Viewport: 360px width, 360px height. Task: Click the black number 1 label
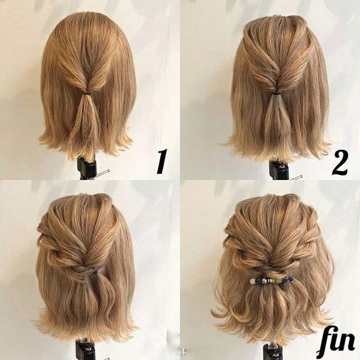point(162,161)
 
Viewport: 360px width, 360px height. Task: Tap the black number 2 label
point(340,163)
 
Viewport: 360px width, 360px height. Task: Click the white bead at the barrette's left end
point(252,281)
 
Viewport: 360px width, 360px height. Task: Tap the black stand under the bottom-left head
point(86,349)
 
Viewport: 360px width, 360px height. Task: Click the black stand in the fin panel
point(273,351)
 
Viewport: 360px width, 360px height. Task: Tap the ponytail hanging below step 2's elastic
point(274,119)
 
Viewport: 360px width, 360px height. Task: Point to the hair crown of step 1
point(88,26)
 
